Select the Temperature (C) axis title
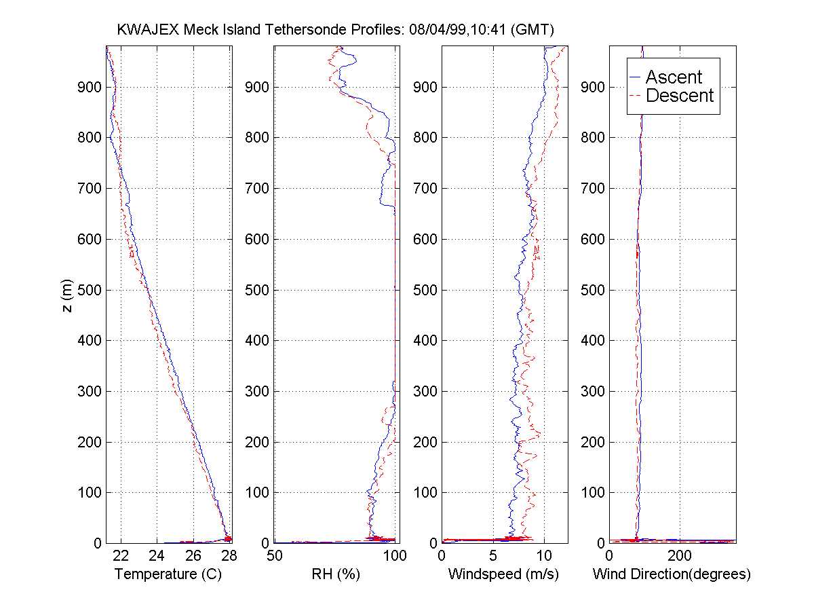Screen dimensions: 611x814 (x=168, y=574)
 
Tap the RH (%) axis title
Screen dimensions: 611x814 (x=335, y=574)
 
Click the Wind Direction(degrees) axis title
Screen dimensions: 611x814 (x=672, y=574)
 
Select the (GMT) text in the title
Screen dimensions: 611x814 (x=534, y=30)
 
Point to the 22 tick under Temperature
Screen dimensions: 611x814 (x=121, y=556)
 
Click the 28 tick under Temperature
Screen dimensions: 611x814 (x=229, y=556)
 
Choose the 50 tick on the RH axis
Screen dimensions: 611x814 (x=275, y=556)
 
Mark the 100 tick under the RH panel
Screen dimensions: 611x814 (x=395, y=556)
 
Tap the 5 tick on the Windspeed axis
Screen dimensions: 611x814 (x=493, y=556)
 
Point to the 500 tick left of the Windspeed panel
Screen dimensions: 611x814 (x=426, y=290)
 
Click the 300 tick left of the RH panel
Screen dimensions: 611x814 (x=258, y=391)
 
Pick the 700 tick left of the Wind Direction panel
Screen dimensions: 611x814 (x=594, y=188)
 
